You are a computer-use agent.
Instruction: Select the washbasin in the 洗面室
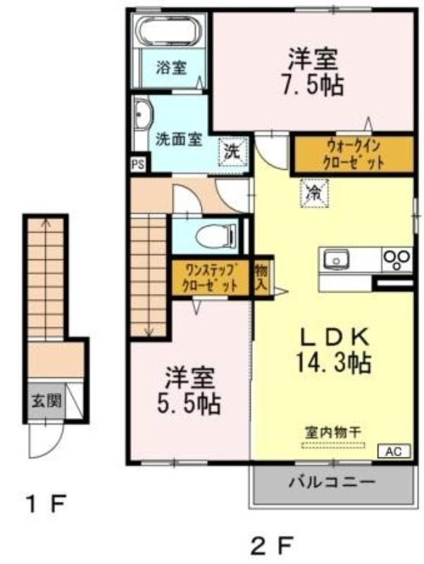tap(144, 115)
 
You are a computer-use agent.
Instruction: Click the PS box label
tap(137, 165)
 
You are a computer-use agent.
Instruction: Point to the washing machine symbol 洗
tap(234, 152)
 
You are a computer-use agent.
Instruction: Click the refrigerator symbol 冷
tap(314, 193)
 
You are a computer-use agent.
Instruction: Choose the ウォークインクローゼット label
tap(353, 155)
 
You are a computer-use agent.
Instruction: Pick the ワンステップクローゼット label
tap(210, 278)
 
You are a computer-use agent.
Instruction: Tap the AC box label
tap(394, 451)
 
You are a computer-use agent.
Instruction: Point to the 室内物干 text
tap(332, 432)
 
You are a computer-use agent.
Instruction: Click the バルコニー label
tap(332, 482)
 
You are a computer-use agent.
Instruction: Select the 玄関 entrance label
tap(46, 400)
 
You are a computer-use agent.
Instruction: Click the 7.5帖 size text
tap(312, 85)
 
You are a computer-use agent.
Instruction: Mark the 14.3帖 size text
tap(333, 362)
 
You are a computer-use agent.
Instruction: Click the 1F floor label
tap(46, 504)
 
